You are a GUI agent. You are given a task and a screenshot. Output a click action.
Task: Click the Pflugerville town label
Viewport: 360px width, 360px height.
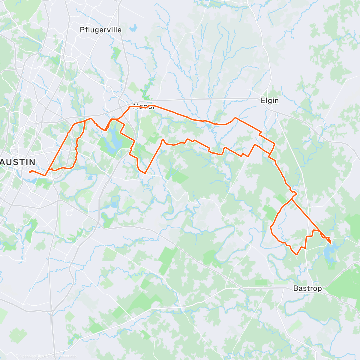100,30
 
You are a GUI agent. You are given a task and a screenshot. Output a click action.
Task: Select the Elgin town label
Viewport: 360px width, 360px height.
270,100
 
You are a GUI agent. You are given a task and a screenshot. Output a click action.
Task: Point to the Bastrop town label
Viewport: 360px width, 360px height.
307,288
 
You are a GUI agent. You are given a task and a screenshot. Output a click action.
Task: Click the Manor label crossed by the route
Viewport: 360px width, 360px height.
143,106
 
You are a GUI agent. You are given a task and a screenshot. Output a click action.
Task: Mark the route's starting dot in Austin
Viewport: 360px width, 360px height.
30,172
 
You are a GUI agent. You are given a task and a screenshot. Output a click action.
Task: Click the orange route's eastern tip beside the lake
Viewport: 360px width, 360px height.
330,242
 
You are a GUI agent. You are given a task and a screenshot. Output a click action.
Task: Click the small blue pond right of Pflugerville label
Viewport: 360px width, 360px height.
133,29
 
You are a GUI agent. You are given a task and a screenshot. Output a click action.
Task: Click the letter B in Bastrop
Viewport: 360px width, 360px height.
295,288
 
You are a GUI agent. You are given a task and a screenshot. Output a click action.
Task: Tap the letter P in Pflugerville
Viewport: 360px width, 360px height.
82,30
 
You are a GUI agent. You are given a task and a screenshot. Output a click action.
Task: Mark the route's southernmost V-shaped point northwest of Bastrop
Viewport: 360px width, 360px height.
297,254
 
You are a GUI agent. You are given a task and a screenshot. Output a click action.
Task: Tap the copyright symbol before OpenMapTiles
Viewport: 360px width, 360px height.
17,356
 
